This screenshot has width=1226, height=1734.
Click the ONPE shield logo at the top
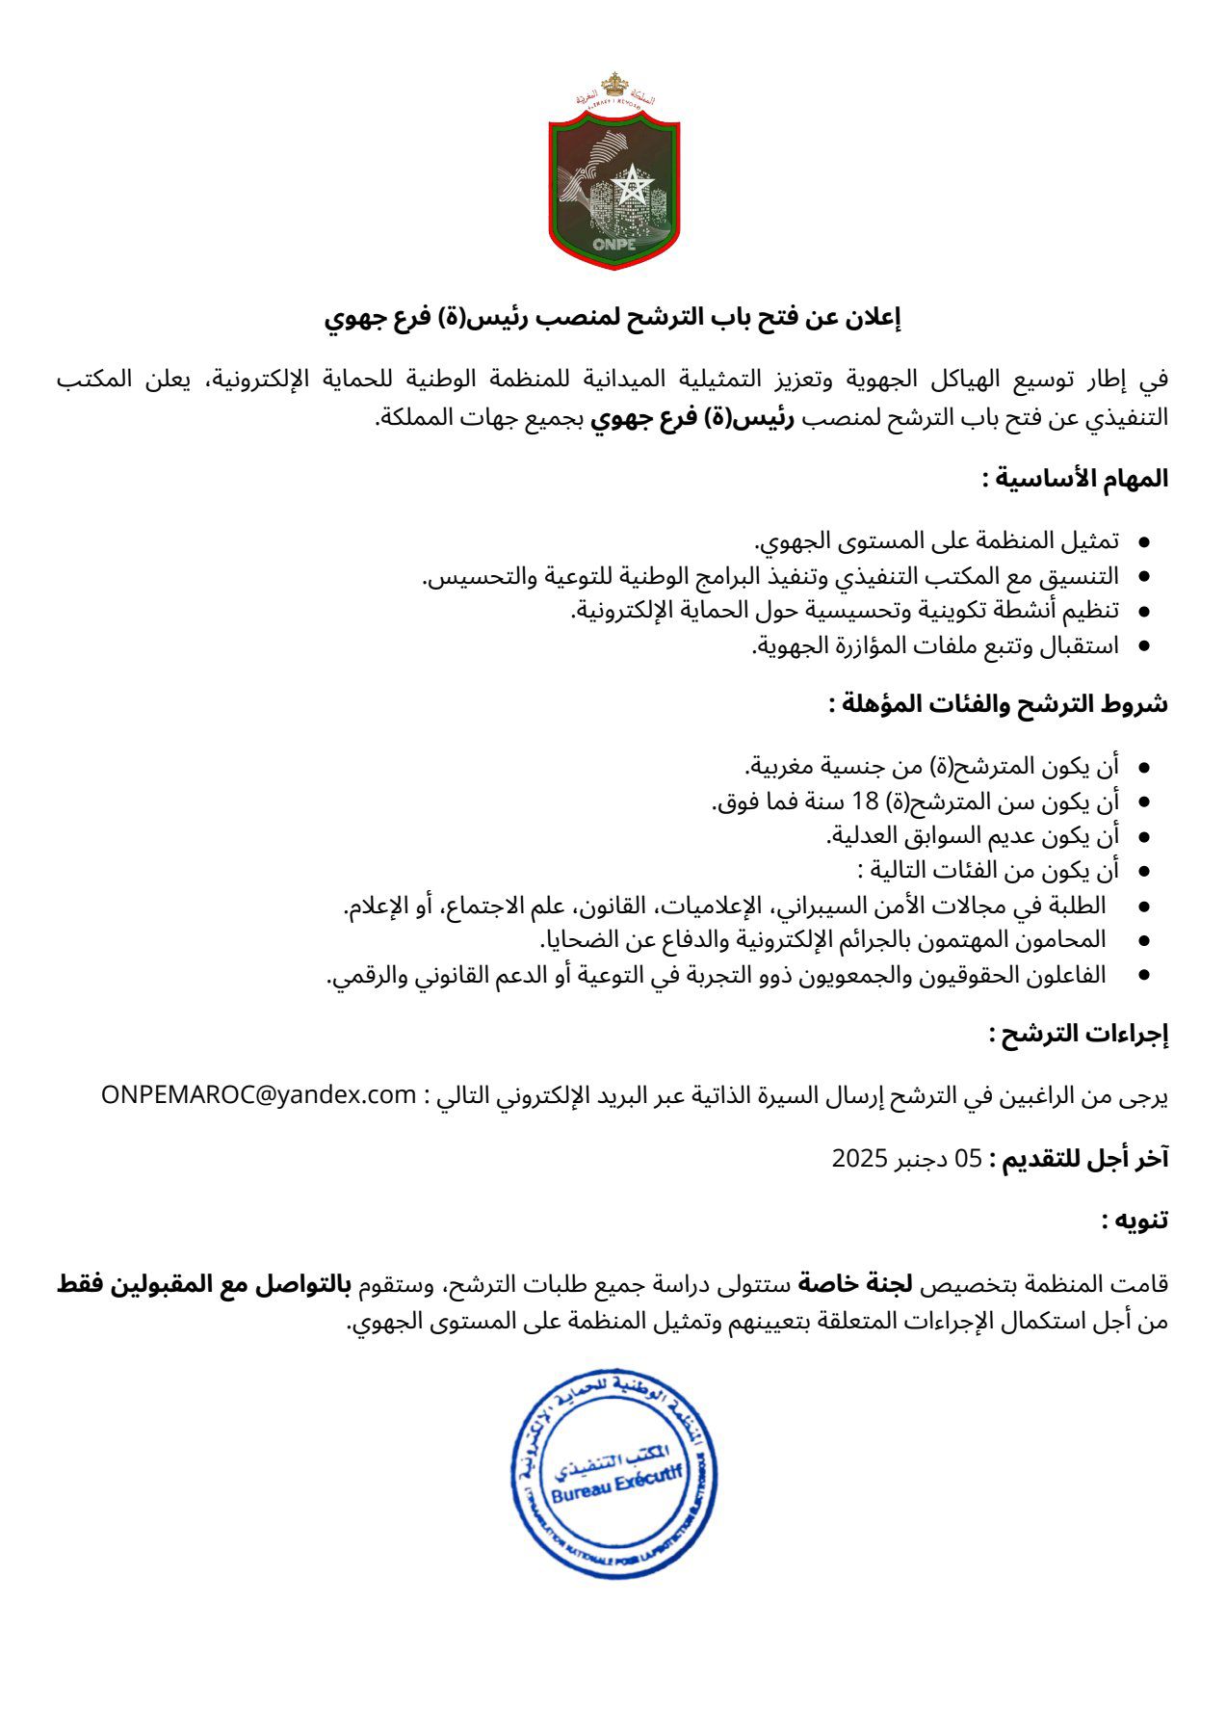(613, 183)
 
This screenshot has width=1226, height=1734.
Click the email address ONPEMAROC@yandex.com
(258, 1095)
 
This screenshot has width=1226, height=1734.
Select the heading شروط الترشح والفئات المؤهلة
(998, 704)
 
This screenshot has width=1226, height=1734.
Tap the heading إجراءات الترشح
(1079, 1034)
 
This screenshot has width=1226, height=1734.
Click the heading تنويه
(1135, 1221)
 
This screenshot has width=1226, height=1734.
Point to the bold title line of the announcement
(613, 318)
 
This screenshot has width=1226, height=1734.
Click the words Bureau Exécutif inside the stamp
(616, 1484)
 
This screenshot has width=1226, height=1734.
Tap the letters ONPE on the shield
(613, 243)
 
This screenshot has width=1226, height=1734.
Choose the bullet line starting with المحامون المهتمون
(822, 939)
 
